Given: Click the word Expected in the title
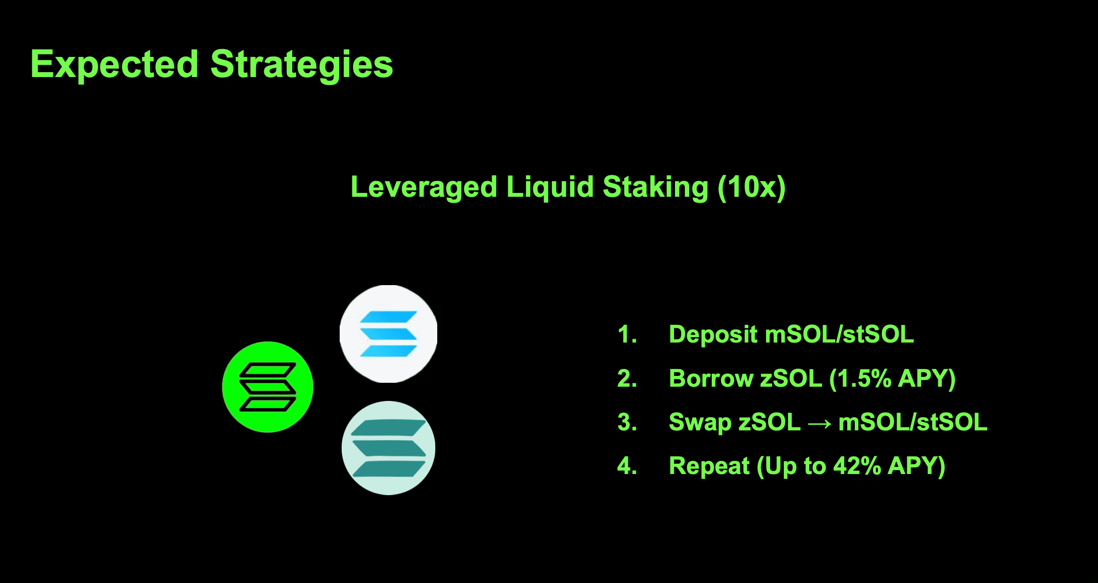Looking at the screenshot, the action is click(115, 65).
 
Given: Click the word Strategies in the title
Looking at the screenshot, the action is click(302, 65).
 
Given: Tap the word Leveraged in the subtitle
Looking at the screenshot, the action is click(424, 187).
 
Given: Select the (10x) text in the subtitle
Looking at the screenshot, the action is click(751, 187).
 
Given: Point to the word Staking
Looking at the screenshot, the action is click(655, 187).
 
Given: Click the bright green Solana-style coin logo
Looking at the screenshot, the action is click(268, 387).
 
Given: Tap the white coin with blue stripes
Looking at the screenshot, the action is click(388, 334).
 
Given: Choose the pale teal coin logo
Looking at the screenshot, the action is click(388, 448).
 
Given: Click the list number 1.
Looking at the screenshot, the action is click(627, 335).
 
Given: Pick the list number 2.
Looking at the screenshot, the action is click(627, 378).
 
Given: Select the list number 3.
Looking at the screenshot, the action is click(627, 422).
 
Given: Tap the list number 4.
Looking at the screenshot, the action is click(627, 466).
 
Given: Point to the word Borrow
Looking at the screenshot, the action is click(711, 378).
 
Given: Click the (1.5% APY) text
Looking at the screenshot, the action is click(892, 379).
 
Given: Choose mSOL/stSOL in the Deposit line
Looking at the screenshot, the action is click(840, 335).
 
